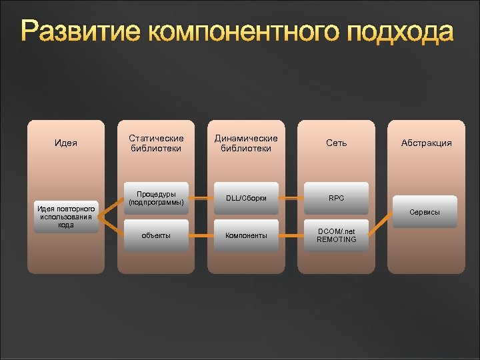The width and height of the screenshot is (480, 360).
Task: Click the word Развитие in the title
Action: coord(79,31)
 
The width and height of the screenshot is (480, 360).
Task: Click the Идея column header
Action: coord(65,143)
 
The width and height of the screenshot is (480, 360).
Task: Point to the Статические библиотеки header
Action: coord(156,143)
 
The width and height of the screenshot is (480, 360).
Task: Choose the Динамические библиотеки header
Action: coord(246,143)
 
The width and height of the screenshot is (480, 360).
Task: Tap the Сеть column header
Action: coord(336,143)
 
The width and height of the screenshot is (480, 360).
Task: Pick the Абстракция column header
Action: coord(426,143)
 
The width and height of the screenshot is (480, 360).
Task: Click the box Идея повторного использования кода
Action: coord(65,216)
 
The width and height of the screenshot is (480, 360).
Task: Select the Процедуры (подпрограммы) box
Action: coord(156,198)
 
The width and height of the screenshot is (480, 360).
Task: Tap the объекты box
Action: coord(156,235)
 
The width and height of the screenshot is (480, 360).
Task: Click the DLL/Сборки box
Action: coord(246,198)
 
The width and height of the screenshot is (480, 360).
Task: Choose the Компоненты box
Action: coord(246,235)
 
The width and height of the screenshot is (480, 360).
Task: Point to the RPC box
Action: coord(336,198)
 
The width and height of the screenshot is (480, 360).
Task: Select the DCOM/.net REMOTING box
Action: coord(336,235)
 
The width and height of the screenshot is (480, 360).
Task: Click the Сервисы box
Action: coord(426,212)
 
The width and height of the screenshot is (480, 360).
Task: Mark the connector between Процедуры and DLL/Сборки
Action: coord(201,198)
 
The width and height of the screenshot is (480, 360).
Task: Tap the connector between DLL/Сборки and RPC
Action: coord(291,198)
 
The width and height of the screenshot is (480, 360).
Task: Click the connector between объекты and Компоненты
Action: coord(201,235)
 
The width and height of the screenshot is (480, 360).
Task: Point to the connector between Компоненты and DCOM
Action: coord(291,235)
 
